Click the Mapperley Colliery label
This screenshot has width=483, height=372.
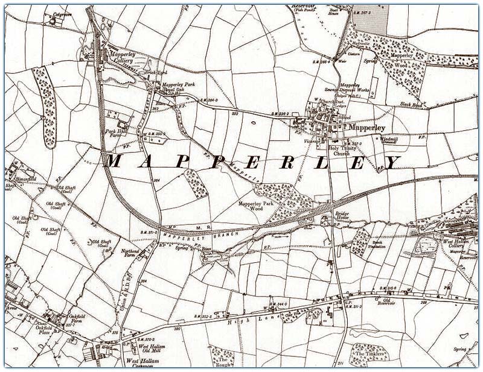coord(123,56)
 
